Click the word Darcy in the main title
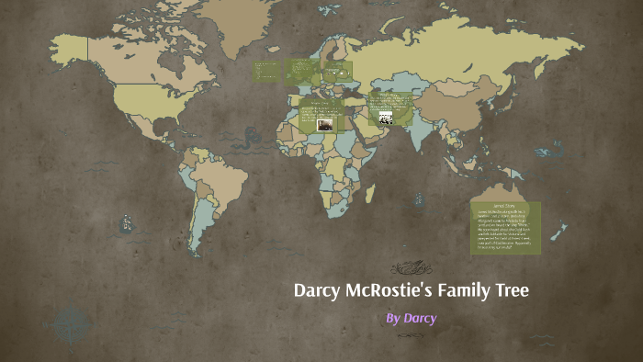(315, 291)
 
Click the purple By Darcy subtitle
(411, 319)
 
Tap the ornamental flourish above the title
(411, 267)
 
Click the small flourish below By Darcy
(411, 336)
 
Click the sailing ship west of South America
(126, 221)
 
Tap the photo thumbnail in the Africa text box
(324, 124)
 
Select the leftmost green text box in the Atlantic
(267, 70)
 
